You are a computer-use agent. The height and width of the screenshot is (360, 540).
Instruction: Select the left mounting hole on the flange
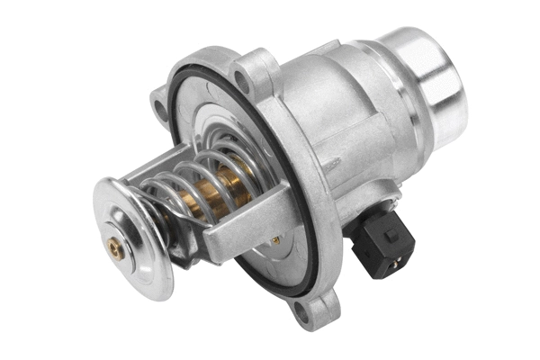(x=159, y=109)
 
